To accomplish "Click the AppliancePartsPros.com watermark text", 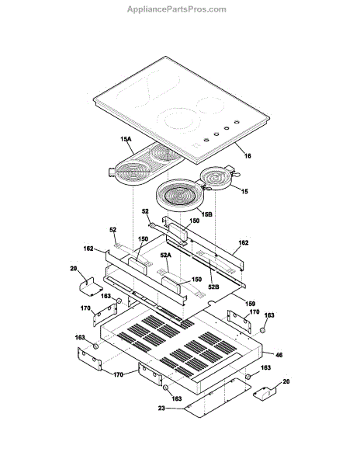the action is (x=177, y=9).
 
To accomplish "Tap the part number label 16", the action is (x=247, y=156).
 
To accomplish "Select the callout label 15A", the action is (x=126, y=139).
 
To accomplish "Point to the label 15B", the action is (x=207, y=214).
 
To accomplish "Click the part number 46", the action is (x=279, y=355).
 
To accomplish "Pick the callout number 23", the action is (x=161, y=409).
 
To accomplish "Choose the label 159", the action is (x=250, y=304).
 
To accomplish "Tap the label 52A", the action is (x=166, y=255).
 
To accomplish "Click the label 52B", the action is (x=214, y=287).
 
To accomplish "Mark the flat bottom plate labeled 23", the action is (x=217, y=398).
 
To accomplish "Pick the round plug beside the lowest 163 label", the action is (x=166, y=388).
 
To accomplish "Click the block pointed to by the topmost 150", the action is (x=179, y=234).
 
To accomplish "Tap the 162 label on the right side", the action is (x=244, y=243).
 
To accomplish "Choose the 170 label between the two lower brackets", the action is (x=118, y=375).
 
